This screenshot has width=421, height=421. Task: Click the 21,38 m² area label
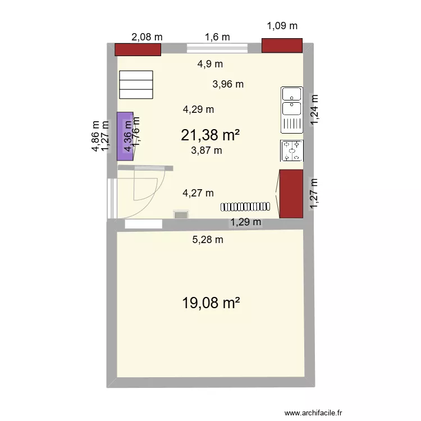[210, 135]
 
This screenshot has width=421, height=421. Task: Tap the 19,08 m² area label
[211, 303]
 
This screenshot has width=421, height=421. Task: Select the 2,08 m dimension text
[147, 37]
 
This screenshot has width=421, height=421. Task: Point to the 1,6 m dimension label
[217, 37]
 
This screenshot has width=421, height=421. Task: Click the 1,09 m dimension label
[282, 25]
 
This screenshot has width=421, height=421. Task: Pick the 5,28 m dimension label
[208, 240]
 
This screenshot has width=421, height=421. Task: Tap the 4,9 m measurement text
[210, 64]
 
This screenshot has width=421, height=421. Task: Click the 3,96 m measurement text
[228, 85]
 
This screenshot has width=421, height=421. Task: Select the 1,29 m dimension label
[246, 222]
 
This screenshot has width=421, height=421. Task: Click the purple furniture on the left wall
[125, 136]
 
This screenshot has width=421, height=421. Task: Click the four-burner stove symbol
[292, 151]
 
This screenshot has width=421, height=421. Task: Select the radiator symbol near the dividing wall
[245, 206]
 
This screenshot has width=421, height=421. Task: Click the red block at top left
[138, 49]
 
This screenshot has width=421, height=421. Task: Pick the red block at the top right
[282, 45]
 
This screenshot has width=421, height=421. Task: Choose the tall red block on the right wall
[291, 194]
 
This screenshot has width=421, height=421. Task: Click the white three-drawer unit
[136, 85]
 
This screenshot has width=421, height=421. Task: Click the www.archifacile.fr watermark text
[313, 397]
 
